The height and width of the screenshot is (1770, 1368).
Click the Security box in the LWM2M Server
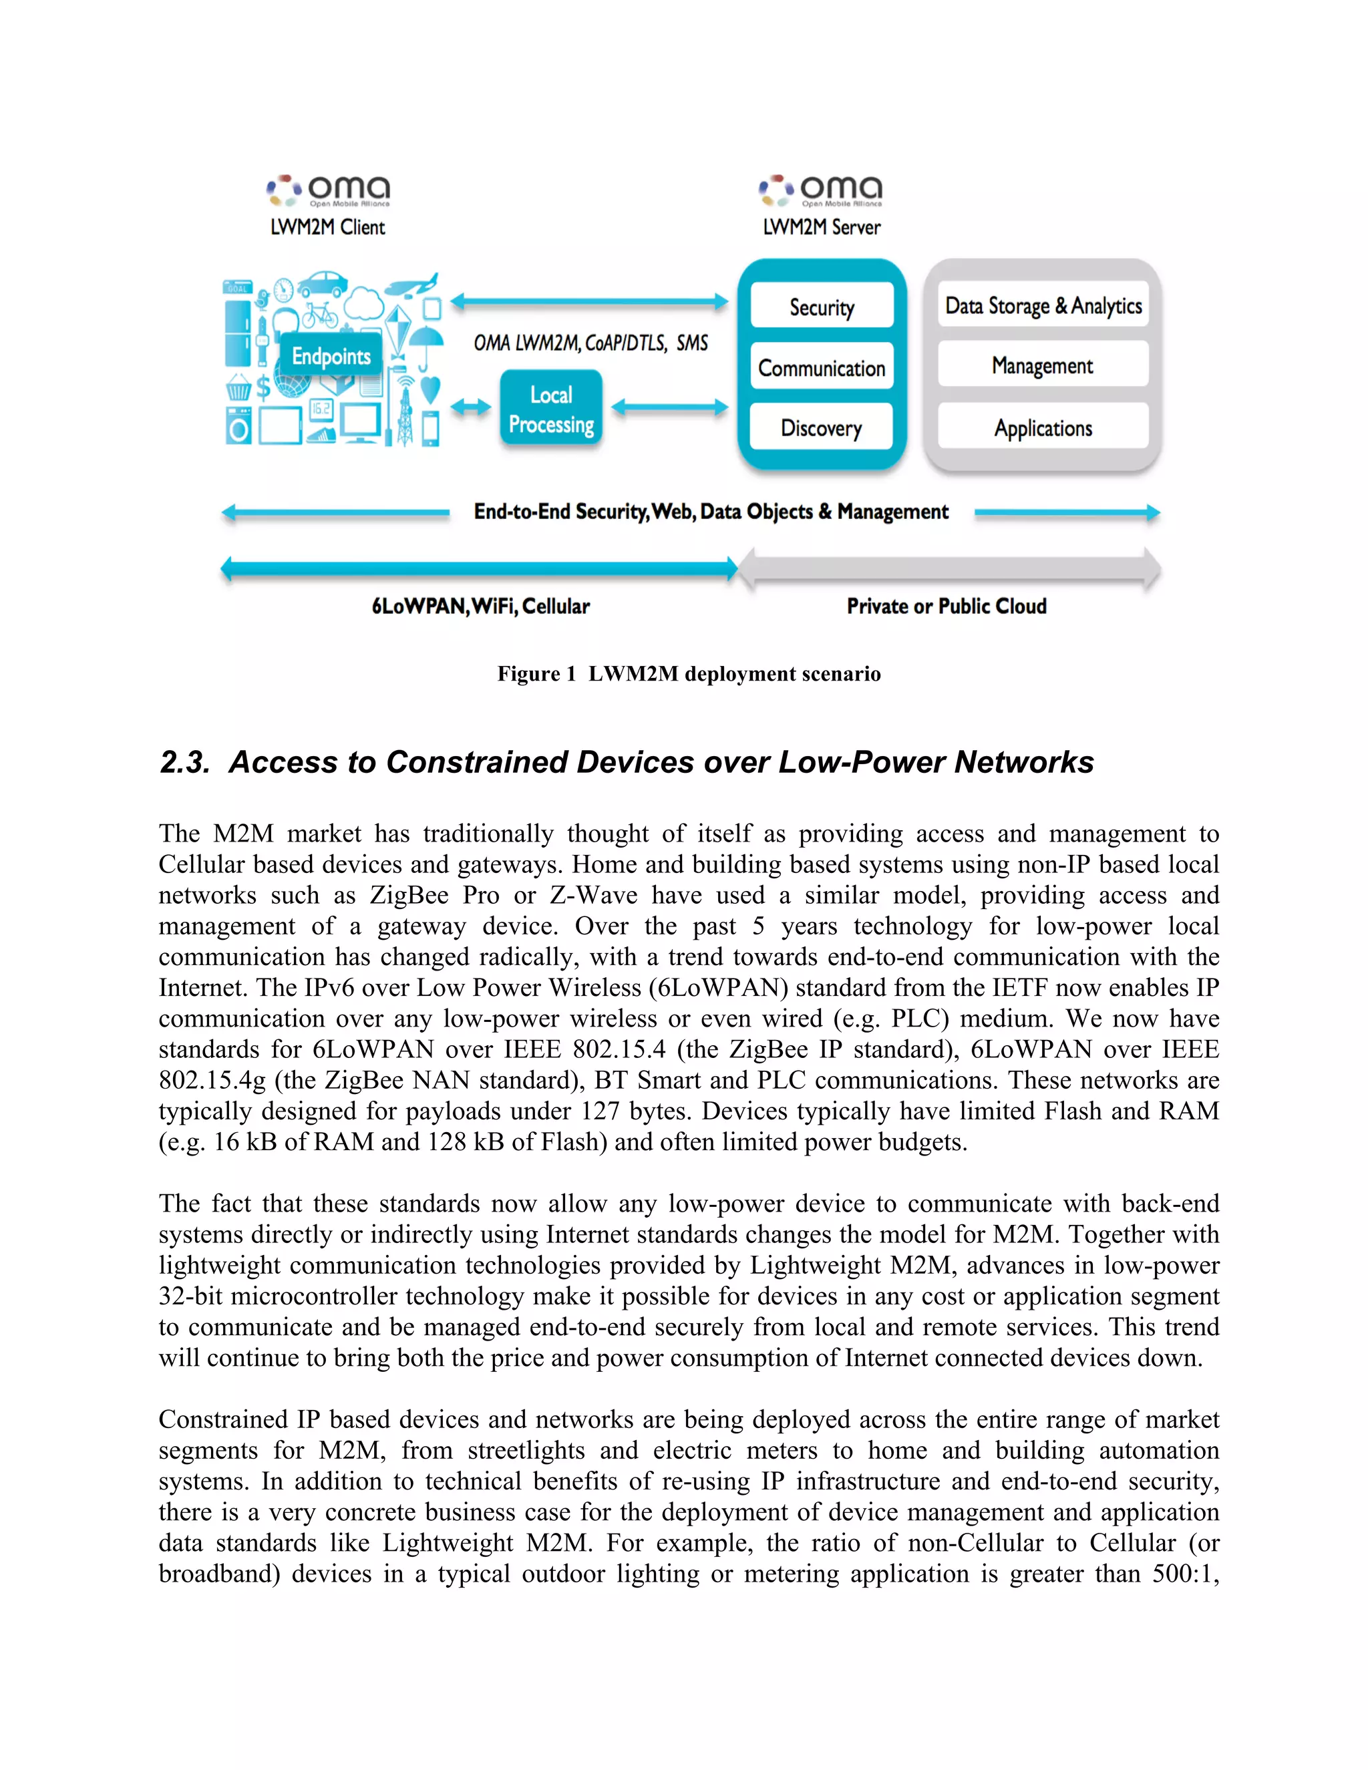[822, 307]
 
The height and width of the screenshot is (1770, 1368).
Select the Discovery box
[821, 427]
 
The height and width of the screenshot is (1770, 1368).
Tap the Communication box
[822, 367]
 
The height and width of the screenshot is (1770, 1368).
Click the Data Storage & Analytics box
[1043, 305]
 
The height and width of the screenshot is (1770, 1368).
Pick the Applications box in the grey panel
[1043, 427]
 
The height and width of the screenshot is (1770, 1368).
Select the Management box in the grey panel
[1043, 365]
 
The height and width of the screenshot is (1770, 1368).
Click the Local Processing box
[551, 409]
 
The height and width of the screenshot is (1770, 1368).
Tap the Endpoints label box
[331, 356]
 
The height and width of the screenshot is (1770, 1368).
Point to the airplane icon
[411, 286]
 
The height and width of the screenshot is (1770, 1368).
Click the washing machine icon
[238, 426]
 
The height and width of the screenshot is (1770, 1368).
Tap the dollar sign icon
[263, 387]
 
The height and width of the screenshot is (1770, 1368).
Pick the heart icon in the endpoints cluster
[431, 389]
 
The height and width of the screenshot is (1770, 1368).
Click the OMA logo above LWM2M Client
[328, 191]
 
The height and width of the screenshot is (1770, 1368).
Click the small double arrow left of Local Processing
[471, 407]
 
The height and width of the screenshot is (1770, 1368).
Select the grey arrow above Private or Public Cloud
[949, 570]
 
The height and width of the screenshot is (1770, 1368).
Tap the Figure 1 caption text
[689, 673]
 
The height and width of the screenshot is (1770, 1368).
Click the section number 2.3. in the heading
[185, 762]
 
